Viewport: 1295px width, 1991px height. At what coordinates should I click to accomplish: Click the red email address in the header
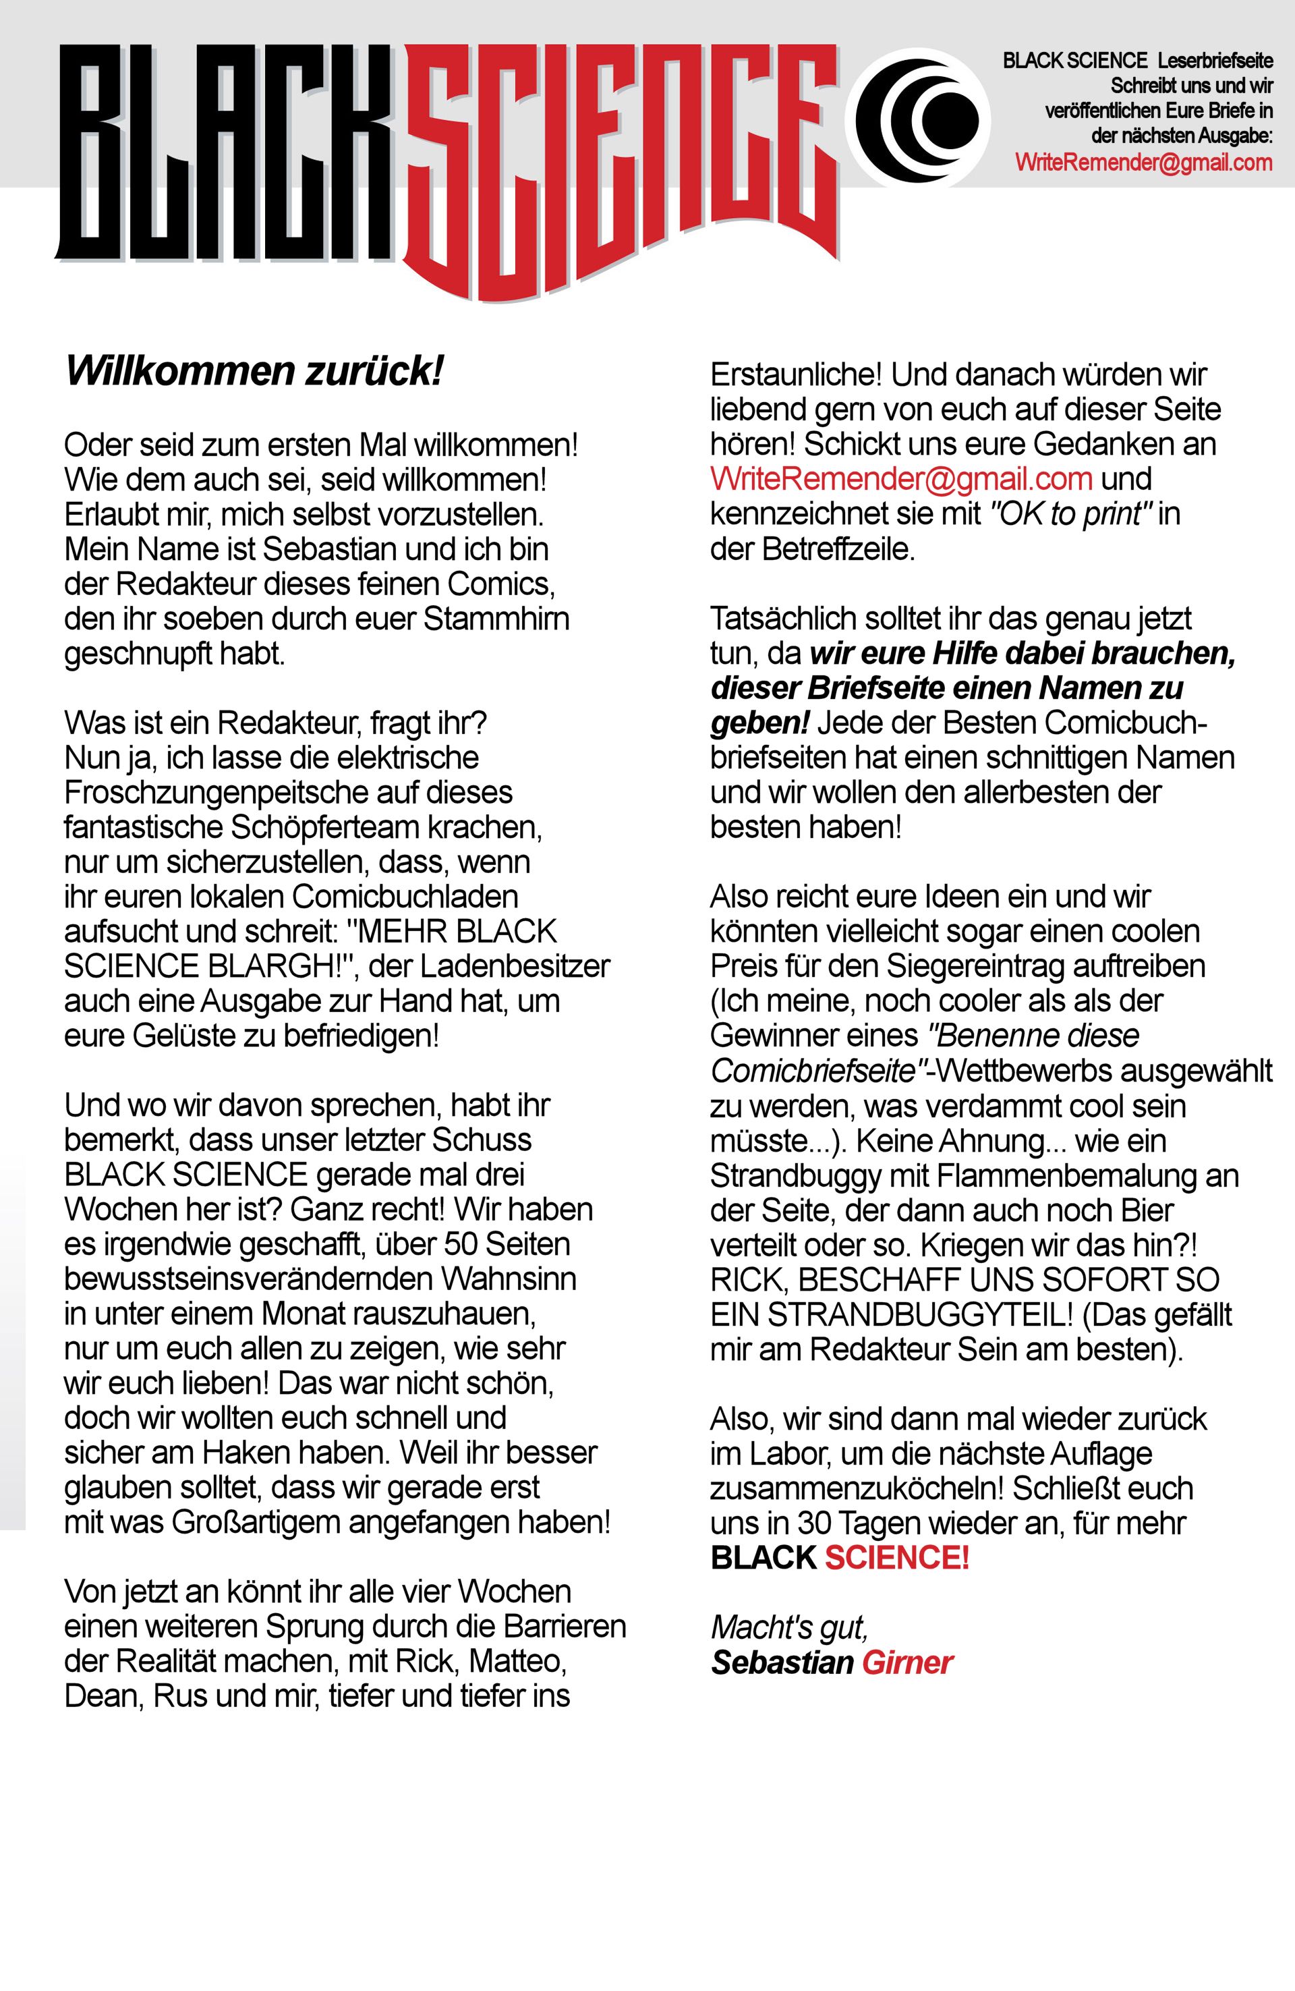(x=1144, y=163)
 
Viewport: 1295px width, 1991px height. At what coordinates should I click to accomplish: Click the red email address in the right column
(x=901, y=479)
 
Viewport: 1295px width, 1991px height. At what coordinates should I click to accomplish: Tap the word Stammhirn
(x=497, y=619)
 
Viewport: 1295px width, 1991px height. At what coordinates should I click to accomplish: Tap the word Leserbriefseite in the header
(x=1221, y=61)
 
